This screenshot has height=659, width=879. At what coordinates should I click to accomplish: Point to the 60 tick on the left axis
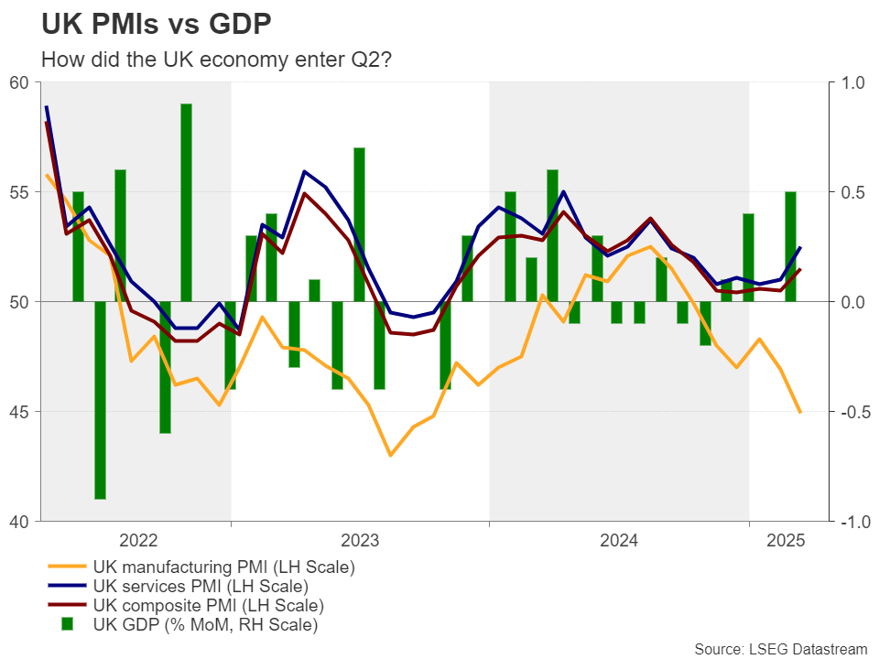click(19, 82)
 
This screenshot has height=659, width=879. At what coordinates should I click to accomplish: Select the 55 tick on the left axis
click(19, 192)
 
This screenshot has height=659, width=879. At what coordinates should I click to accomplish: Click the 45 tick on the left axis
click(19, 412)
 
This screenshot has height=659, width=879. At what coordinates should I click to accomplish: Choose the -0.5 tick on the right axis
click(851, 412)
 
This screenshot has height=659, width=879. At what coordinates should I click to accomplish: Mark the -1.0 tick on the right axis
click(851, 522)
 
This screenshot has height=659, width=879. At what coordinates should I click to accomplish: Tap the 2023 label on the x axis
click(360, 540)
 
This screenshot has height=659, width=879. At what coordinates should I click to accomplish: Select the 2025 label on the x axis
click(785, 540)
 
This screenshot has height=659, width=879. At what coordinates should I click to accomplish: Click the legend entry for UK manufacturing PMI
click(223, 567)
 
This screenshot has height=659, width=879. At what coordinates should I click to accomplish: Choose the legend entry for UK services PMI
click(200, 587)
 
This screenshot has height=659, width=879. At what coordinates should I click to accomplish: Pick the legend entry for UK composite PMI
click(209, 606)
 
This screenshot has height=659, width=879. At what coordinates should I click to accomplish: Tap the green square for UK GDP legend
click(66, 625)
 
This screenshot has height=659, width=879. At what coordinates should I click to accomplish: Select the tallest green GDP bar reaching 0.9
click(186, 201)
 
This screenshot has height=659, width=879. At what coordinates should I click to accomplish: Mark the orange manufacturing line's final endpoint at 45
click(800, 412)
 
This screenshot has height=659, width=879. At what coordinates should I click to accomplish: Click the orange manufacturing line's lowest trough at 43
click(391, 455)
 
